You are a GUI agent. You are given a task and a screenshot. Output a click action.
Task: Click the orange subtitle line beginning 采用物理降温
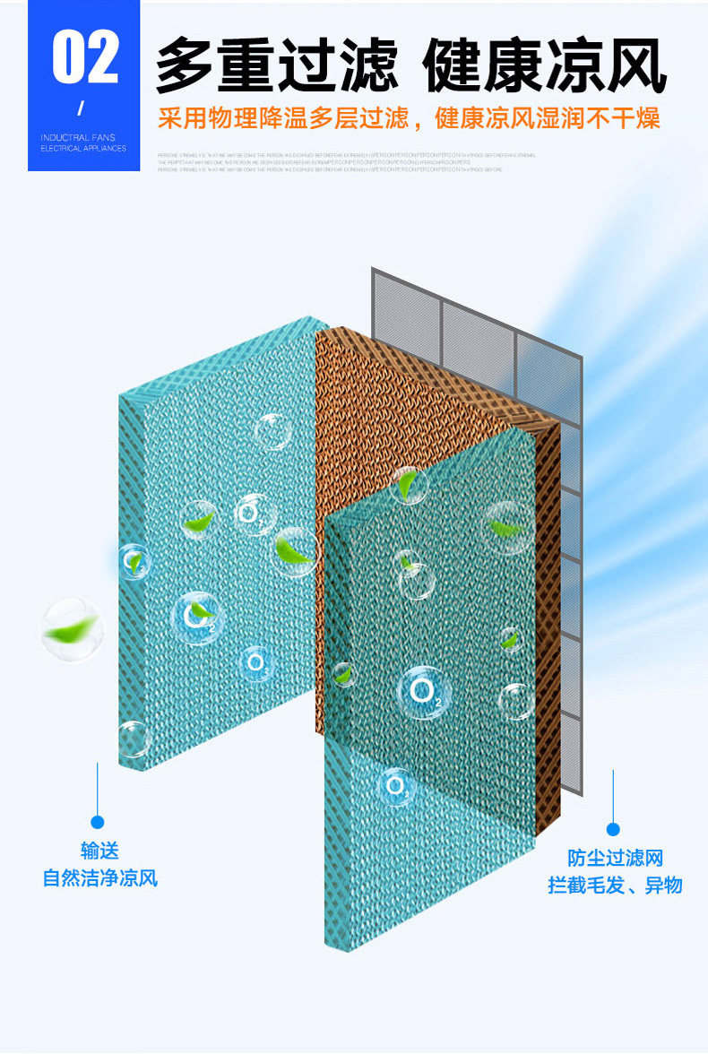click(409, 118)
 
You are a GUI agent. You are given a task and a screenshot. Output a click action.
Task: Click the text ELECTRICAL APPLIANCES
click(83, 148)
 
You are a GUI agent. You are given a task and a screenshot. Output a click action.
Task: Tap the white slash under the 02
click(81, 109)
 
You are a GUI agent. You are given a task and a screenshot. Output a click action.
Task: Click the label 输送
click(99, 851)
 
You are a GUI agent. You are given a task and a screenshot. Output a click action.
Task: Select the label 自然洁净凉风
click(99, 877)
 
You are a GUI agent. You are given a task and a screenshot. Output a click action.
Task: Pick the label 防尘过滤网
click(615, 858)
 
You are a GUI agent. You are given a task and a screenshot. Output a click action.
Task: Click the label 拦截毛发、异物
click(615, 885)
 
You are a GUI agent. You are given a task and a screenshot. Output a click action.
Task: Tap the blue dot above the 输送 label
click(98, 822)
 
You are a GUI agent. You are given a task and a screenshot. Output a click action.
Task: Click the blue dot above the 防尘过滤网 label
click(613, 829)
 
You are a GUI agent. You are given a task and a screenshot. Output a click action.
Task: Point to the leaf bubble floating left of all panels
click(72, 628)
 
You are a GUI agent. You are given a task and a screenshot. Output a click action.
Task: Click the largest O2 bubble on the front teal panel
click(423, 692)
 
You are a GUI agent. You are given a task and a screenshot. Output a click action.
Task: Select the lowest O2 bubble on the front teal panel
click(395, 786)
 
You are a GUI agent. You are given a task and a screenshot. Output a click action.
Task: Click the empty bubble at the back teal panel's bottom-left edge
click(133, 739)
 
